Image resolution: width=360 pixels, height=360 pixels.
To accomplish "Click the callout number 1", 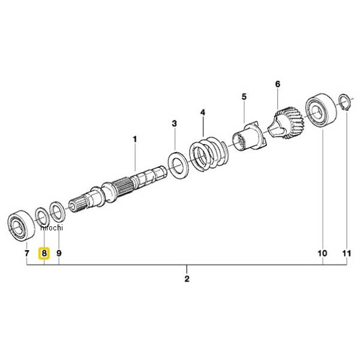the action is pos(135,139).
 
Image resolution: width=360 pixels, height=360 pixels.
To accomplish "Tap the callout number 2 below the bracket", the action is pos(187,279).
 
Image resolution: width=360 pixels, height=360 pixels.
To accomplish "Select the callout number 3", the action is pos(175,124).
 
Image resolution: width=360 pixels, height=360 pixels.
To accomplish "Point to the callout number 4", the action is pos(203,113).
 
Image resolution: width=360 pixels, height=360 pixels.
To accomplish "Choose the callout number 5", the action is pos(244,97).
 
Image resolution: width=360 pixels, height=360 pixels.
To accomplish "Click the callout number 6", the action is pos(278,84).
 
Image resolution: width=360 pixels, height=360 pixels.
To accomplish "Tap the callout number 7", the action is pos(27,253).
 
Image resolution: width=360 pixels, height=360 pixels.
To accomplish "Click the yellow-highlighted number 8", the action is pos(44,253).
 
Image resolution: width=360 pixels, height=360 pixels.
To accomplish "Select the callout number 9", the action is pos(59,253).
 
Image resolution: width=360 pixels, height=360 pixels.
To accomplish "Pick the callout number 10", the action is pos(322,253).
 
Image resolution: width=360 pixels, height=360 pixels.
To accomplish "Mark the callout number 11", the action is pos(347,253).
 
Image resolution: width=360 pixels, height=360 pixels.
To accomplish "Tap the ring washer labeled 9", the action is pos(58,211).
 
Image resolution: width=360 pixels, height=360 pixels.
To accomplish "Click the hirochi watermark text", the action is pos(52,228).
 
